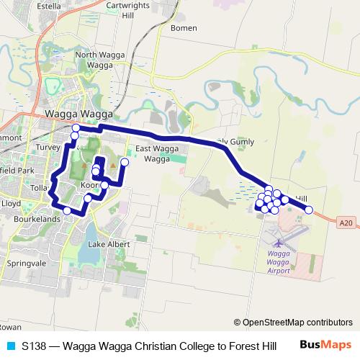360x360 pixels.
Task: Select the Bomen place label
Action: pyautogui.click(x=183, y=29)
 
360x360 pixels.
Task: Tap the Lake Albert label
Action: pyautogui.click(x=109, y=244)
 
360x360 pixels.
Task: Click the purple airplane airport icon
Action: pyautogui.click(x=280, y=242)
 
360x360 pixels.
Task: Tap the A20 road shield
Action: pyautogui.click(x=346, y=223)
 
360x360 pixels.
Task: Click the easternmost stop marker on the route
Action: pyautogui.click(x=310, y=210)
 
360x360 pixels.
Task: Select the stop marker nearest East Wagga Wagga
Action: pyautogui.click(x=124, y=162)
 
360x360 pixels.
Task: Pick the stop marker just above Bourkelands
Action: pyautogui.click(x=67, y=210)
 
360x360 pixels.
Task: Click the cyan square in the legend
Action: pyautogui.click(x=10, y=346)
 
